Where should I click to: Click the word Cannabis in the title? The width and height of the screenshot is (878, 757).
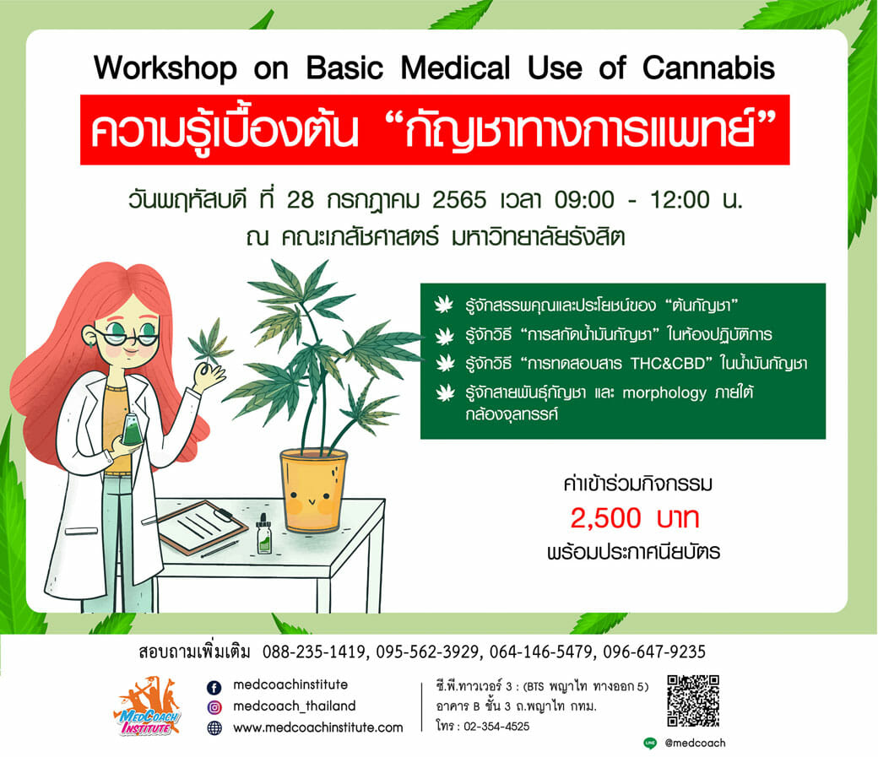(x=708, y=68)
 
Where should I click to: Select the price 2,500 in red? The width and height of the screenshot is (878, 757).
(x=605, y=518)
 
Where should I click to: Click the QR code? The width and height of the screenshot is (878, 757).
(x=693, y=701)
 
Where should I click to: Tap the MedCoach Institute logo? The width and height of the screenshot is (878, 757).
(x=147, y=707)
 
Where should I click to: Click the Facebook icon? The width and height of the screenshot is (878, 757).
(x=214, y=687)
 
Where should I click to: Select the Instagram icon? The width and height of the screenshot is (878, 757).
(x=214, y=707)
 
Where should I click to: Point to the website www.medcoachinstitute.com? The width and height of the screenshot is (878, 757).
(x=318, y=727)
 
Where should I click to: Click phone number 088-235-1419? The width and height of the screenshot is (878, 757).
(x=313, y=652)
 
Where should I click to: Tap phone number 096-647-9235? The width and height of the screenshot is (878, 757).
(x=654, y=652)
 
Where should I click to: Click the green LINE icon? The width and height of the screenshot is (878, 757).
(x=650, y=743)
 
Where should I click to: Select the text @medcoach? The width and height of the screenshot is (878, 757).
(x=695, y=743)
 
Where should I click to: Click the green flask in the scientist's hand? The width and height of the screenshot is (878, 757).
(x=132, y=430)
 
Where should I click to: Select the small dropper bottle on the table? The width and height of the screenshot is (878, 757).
(x=263, y=534)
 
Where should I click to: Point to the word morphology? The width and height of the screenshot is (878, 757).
(x=664, y=393)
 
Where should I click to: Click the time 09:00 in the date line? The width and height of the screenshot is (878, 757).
(x=584, y=200)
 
